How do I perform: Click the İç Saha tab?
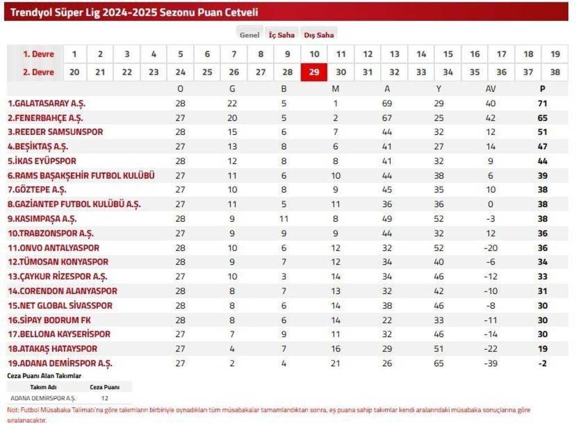pos(281,35)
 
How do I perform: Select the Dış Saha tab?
pos(319,35)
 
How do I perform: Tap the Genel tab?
pos(249,35)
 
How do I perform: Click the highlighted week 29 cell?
pos(314,72)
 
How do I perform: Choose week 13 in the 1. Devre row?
pos(394,54)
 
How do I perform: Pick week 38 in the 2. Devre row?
pos(555,72)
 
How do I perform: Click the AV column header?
pos(490,89)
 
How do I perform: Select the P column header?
pos(542,89)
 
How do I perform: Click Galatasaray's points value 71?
pos(542,104)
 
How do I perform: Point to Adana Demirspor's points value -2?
pos(542,363)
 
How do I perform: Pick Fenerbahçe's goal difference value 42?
pos(490,118)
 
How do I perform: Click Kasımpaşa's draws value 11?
pos(283,218)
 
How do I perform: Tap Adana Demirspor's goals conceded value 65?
pos(439,363)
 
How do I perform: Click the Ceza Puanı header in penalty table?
pos(105,387)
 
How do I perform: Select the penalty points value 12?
pos(105,398)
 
